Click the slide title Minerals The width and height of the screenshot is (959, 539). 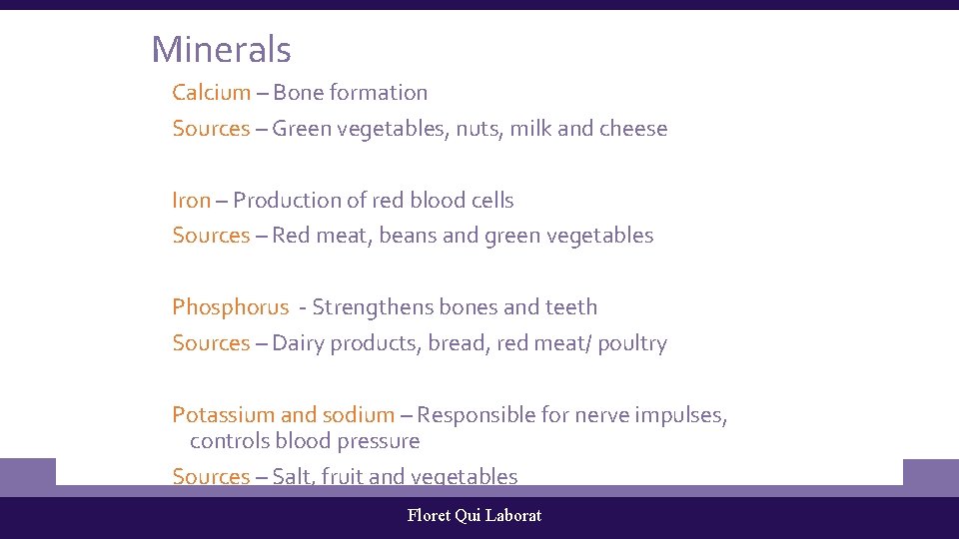tap(221, 49)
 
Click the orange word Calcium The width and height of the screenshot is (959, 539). tap(211, 93)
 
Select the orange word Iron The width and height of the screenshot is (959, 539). tap(191, 201)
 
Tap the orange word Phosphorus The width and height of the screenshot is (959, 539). tap(230, 307)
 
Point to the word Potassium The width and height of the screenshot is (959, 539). tap(223, 415)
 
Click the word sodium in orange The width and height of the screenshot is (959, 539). tap(358, 415)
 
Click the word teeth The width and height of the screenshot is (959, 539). tap(571, 307)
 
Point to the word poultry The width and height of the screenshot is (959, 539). tap(632, 343)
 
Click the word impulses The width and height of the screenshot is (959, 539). tap(678, 415)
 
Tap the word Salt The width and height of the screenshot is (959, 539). tap(292, 477)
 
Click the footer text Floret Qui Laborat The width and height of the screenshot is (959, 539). tap(475, 515)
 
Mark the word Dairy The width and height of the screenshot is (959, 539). tap(298, 343)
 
